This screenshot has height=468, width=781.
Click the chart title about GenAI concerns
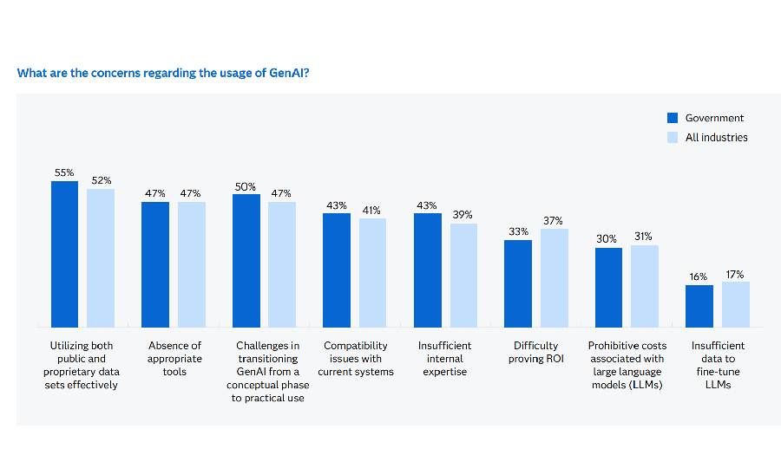click(x=164, y=73)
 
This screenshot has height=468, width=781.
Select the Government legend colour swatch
click(x=672, y=118)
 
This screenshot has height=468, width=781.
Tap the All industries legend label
click(x=716, y=137)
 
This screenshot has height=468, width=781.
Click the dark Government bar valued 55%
click(x=65, y=253)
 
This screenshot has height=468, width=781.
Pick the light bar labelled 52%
click(x=101, y=257)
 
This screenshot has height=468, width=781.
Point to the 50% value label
click(x=246, y=186)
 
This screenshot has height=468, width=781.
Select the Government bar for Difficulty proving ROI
click(x=518, y=283)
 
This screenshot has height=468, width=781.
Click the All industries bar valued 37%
click(x=554, y=277)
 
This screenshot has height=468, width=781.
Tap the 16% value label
click(x=699, y=277)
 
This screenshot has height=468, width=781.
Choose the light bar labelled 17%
click(x=735, y=303)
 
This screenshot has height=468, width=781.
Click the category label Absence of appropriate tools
click(x=174, y=358)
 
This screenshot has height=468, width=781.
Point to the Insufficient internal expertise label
click(x=445, y=358)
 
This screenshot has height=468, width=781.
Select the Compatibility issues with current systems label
click(x=355, y=358)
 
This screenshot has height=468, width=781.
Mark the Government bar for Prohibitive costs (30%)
click(x=608, y=287)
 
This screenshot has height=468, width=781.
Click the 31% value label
click(x=644, y=237)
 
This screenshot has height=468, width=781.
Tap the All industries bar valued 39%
click(x=463, y=275)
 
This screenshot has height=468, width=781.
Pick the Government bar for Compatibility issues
click(x=337, y=270)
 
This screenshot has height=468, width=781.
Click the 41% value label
click(x=372, y=210)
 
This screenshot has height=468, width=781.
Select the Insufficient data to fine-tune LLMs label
click(x=718, y=364)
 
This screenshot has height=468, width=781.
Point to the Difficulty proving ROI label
click(x=536, y=352)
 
